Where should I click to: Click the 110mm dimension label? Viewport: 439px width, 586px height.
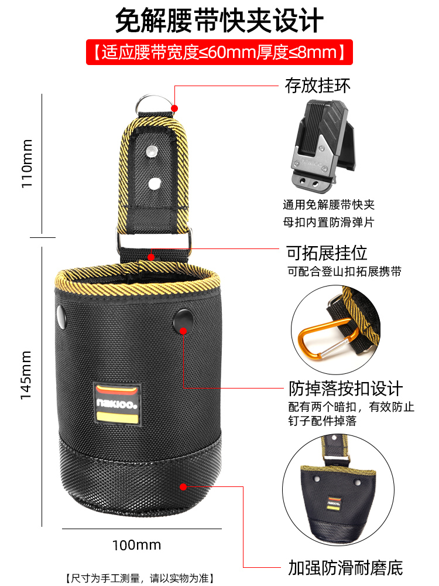27,163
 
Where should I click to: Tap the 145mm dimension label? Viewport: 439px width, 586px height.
27,376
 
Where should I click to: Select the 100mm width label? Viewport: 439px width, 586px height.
136,545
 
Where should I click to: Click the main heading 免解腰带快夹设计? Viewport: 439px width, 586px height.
220,21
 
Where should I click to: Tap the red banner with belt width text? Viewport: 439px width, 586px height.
220,53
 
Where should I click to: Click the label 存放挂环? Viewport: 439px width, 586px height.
318,86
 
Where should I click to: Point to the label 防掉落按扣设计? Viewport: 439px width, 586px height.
345,389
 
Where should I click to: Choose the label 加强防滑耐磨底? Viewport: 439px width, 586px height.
345,567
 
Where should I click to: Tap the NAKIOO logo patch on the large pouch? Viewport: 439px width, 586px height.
116,404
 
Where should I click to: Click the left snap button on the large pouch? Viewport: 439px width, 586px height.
60,316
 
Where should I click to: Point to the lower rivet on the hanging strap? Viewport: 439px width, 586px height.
154,183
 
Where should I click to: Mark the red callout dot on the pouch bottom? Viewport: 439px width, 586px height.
183,486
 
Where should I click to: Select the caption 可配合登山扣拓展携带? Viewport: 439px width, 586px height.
344,272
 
